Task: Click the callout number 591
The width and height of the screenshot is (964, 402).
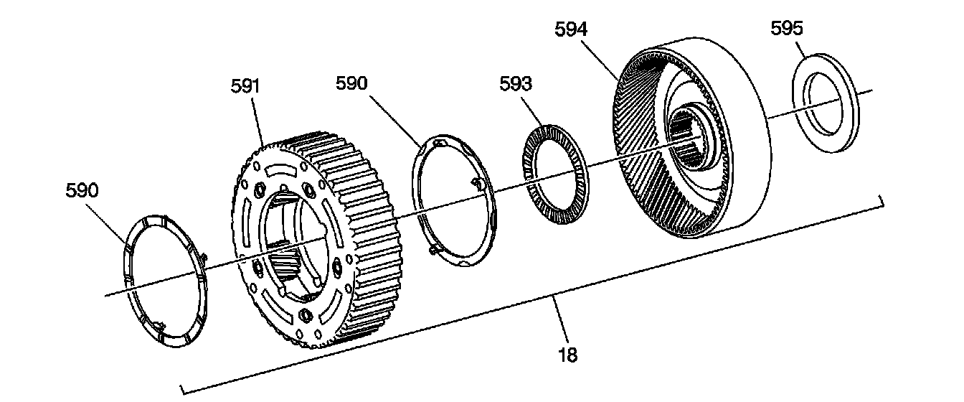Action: point(245,86)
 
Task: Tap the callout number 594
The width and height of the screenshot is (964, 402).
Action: point(571,29)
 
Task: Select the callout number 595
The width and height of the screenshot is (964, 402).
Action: point(787,29)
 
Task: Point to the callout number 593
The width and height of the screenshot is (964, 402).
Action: point(516,84)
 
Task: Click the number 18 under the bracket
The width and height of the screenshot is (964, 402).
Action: point(568,355)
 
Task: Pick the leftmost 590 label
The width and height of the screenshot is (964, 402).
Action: point(82,191)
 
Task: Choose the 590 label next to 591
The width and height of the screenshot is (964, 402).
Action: point(352,83)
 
